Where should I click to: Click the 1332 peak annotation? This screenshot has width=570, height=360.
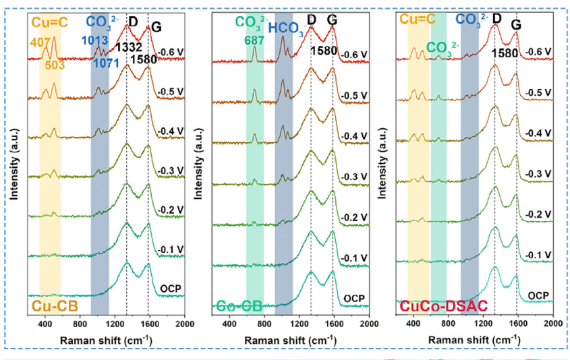click(128, 47)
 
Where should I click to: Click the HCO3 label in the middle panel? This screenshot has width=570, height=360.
click(285, 28)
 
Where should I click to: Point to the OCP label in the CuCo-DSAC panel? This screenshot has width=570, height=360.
click(538, 295)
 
